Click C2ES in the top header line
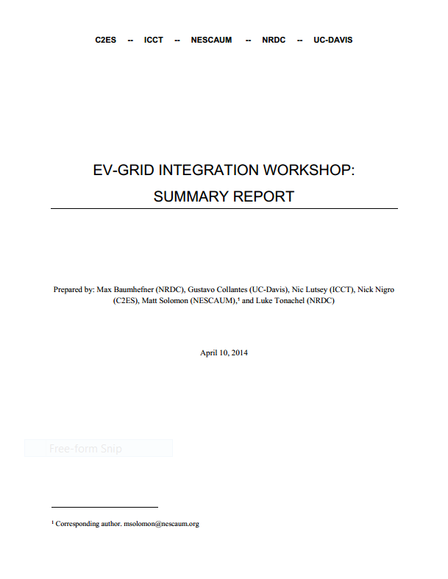point(106,40)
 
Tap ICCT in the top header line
point(154,40)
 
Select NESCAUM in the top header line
point(211,40)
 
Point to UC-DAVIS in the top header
point(333,40)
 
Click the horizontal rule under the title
point(224,209)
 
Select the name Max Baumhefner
point(122,290)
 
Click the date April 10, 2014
point(224,353)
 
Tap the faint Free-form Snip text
point(85,449)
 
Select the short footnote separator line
point(104,507)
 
